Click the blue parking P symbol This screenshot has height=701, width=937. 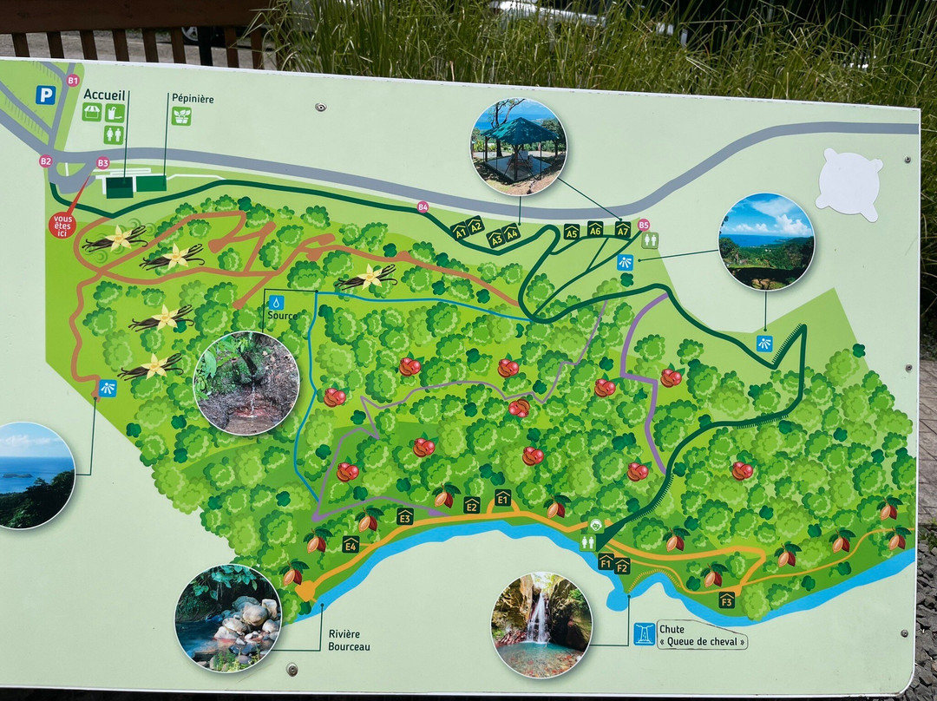[x=45, y=95]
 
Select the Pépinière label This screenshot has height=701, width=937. [x=191, y=99]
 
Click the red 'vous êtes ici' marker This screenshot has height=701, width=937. [x=62, y=226]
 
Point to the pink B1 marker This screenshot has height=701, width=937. [x=73, y=81]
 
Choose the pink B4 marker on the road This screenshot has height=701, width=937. [x=423, y=206]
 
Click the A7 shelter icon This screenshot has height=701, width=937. [x=622, y=229]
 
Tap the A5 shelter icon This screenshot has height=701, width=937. [x=571, y=232]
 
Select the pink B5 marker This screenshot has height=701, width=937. [x=643, y=225]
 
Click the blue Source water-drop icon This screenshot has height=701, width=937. [x=275, y=302]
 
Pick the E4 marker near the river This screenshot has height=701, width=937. [x=351, y=544]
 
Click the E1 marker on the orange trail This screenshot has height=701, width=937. [x=502, y=498]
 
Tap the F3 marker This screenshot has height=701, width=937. [x=726, y=599]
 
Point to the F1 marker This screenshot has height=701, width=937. [x=606, y=561]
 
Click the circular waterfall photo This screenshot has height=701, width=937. [x=541, y=623]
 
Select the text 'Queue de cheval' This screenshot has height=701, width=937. [x=703, y=643]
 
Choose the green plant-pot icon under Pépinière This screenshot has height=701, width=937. [x=181, y=116]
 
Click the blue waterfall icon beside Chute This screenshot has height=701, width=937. [x=644, y=634]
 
